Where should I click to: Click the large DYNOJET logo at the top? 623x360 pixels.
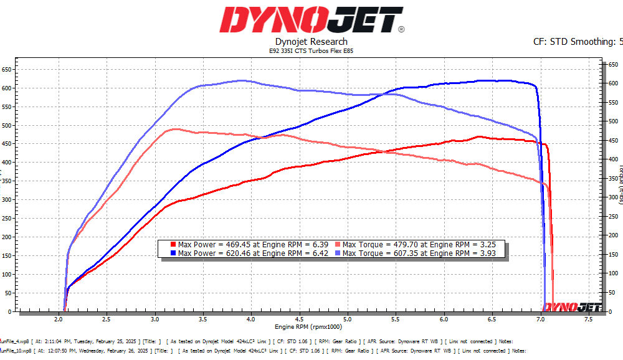point(311,20)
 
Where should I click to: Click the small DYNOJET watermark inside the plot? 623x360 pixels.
point(572,306)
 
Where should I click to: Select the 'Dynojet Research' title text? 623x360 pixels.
point(311,42)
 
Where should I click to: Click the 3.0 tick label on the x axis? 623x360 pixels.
point(155,319)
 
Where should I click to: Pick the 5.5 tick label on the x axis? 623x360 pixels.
point(396,319)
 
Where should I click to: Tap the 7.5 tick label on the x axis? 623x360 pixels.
point(588,319)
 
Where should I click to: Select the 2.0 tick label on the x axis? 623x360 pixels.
point(59,319)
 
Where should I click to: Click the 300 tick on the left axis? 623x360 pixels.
point(6,199)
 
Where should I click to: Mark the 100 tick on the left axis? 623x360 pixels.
point(6,274)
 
